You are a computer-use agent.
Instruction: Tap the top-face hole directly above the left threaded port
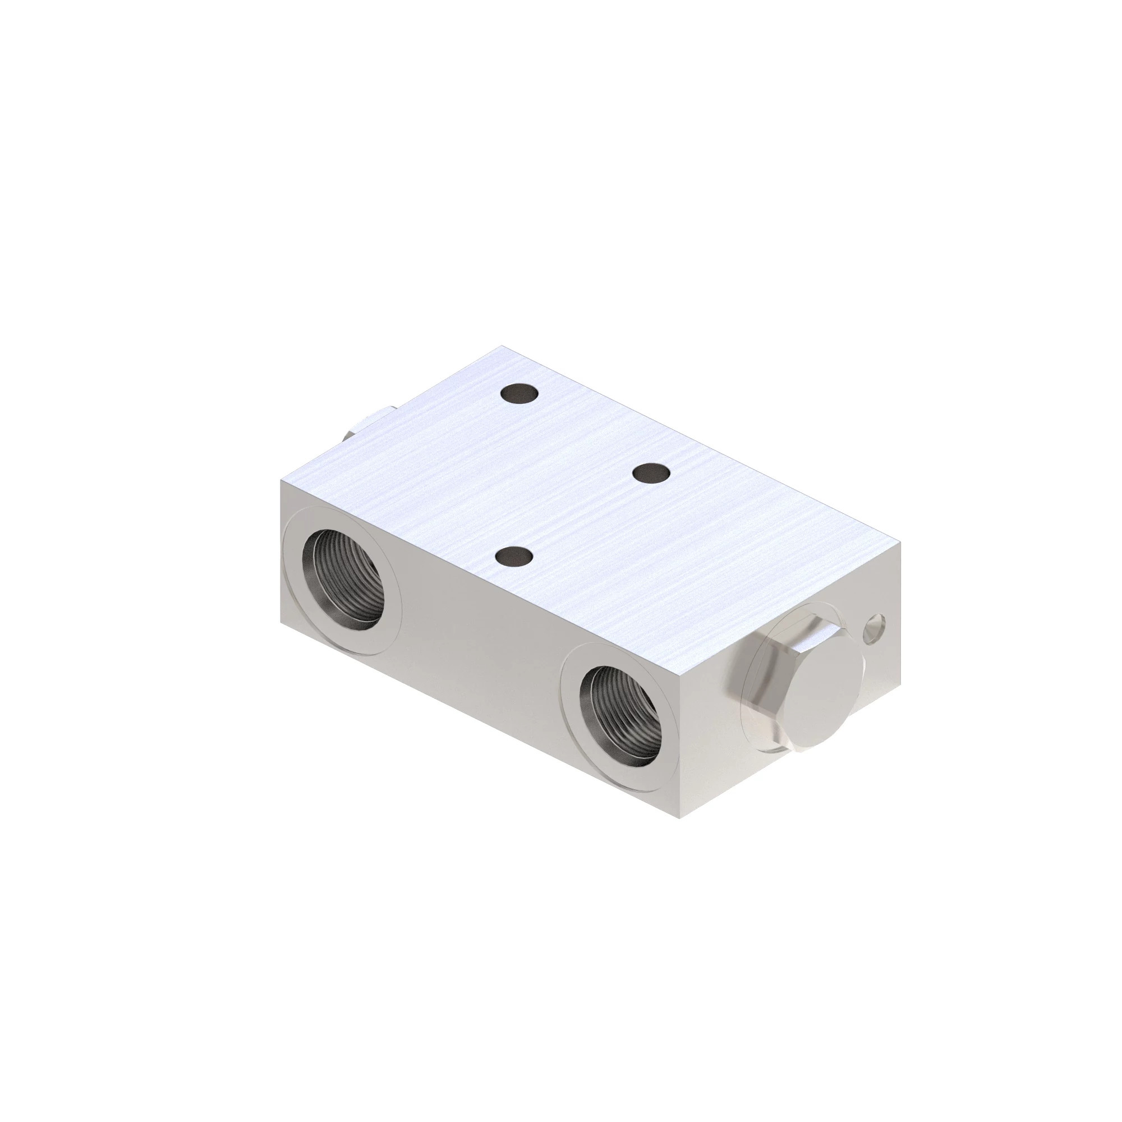click(x=514, y=557)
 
